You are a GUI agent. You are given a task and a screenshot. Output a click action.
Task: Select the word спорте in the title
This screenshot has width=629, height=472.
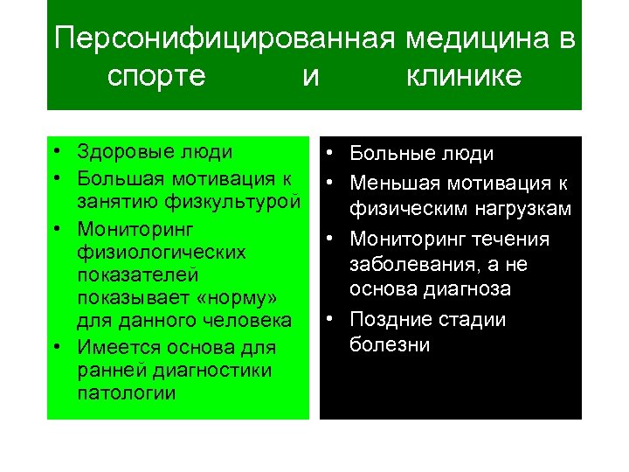tap(156, 76)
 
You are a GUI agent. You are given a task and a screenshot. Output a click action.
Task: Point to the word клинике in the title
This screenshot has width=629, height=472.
tap(464, 76)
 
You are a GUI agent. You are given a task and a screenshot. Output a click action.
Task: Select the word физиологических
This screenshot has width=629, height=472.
tap(161, 252)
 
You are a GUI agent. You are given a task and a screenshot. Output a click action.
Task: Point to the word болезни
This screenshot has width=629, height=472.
tap(390, 344)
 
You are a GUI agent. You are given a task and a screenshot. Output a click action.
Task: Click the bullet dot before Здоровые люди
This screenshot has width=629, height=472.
tap(55, 153)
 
